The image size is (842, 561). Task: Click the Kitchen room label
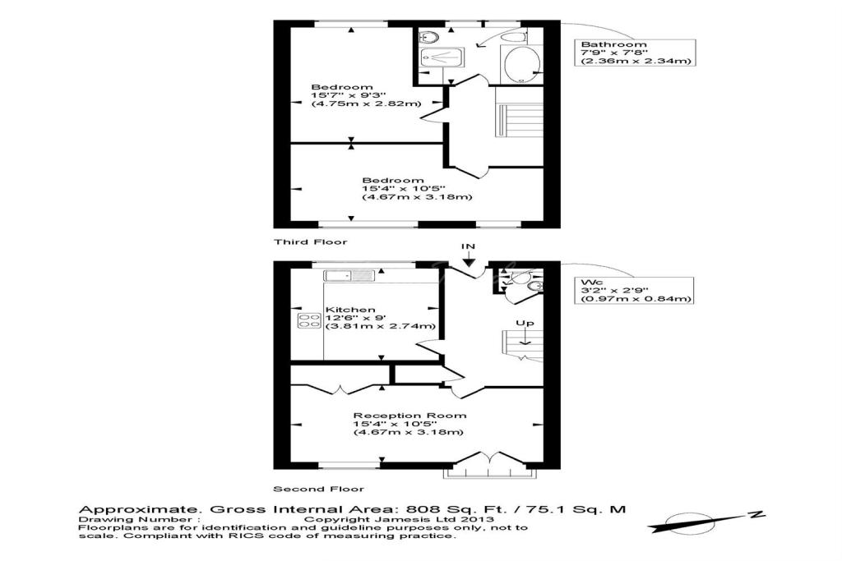(350, 310)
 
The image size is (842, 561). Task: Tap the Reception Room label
(409, 416)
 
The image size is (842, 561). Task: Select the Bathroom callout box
(635, 53)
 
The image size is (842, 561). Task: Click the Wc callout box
(634, 290)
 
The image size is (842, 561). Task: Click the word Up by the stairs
(525, 324)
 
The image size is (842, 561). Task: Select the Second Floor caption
(319, 490)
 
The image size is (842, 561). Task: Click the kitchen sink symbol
(349, 276)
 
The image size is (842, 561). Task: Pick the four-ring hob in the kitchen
(309, 320)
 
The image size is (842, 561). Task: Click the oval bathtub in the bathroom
(520, 66)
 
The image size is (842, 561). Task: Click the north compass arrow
(705, 521)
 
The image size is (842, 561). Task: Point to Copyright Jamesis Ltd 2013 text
(399, 519)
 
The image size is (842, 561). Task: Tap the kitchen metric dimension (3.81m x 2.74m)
(380, 326)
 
